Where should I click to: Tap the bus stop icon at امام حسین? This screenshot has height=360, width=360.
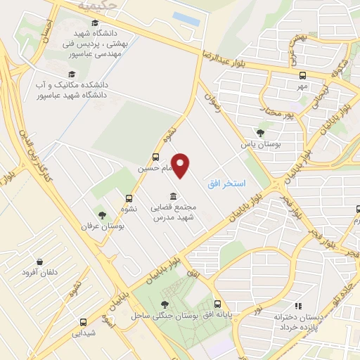[155, 157]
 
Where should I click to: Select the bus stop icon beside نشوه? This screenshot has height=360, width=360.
[129, 198]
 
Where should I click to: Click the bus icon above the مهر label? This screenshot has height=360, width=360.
[302, 75]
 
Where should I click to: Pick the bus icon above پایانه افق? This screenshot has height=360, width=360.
[217, 304]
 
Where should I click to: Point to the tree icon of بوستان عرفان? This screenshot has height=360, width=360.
[103, 214]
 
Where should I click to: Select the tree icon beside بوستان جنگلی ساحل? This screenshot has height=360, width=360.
[165, 304]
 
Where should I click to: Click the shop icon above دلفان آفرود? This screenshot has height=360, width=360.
[39, 261]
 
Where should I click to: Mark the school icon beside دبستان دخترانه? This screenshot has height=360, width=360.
[298, 307]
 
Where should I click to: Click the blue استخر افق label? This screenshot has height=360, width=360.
[226, 184]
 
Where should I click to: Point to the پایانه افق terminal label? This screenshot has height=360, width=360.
[217, 315]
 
